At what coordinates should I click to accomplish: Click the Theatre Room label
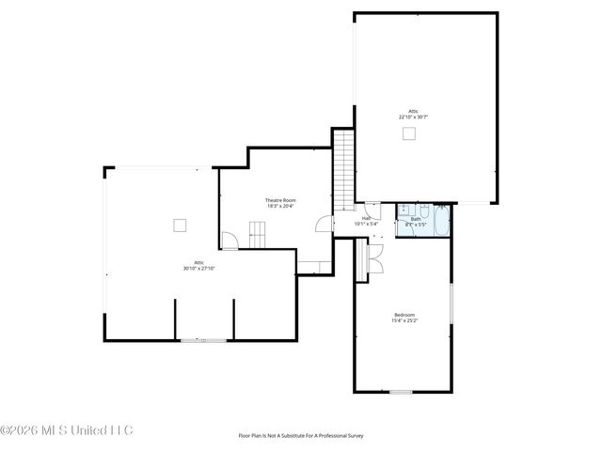[x=280, y=201]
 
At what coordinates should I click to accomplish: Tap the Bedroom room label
[x=404, y=315]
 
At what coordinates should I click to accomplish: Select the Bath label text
[x=416, y=219]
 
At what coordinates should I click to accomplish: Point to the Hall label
[x=366, y=219]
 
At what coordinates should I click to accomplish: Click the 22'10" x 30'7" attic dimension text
[x=413, y=117]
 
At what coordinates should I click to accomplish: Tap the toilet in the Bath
[x=423, y=209]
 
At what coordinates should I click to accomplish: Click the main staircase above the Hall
[x=345, y=170]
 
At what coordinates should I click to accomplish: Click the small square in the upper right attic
[x=409, y=133]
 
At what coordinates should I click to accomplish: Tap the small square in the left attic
[x=180, y=225]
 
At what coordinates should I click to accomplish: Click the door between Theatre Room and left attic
[x=228, y=241]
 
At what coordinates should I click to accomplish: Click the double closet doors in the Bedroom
[x=373, y=258]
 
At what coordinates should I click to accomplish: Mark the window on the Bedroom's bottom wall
[x=402, y=391]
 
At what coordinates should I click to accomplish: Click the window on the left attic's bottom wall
[x=203, y=340]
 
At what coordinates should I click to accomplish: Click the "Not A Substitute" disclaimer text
[x=300, y=435]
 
